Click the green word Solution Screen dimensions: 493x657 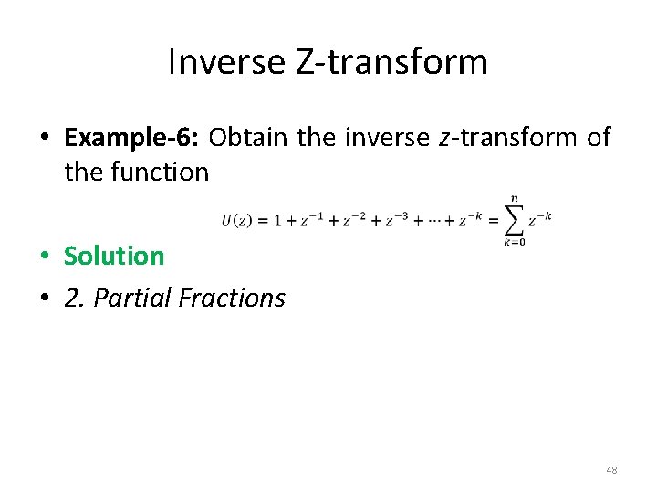[114, 256]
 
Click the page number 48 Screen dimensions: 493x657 [611, 470]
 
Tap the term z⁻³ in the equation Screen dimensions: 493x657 [397, 219]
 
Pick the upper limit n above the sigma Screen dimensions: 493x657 [514, 196]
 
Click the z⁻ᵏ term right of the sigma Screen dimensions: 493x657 [540, 218]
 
